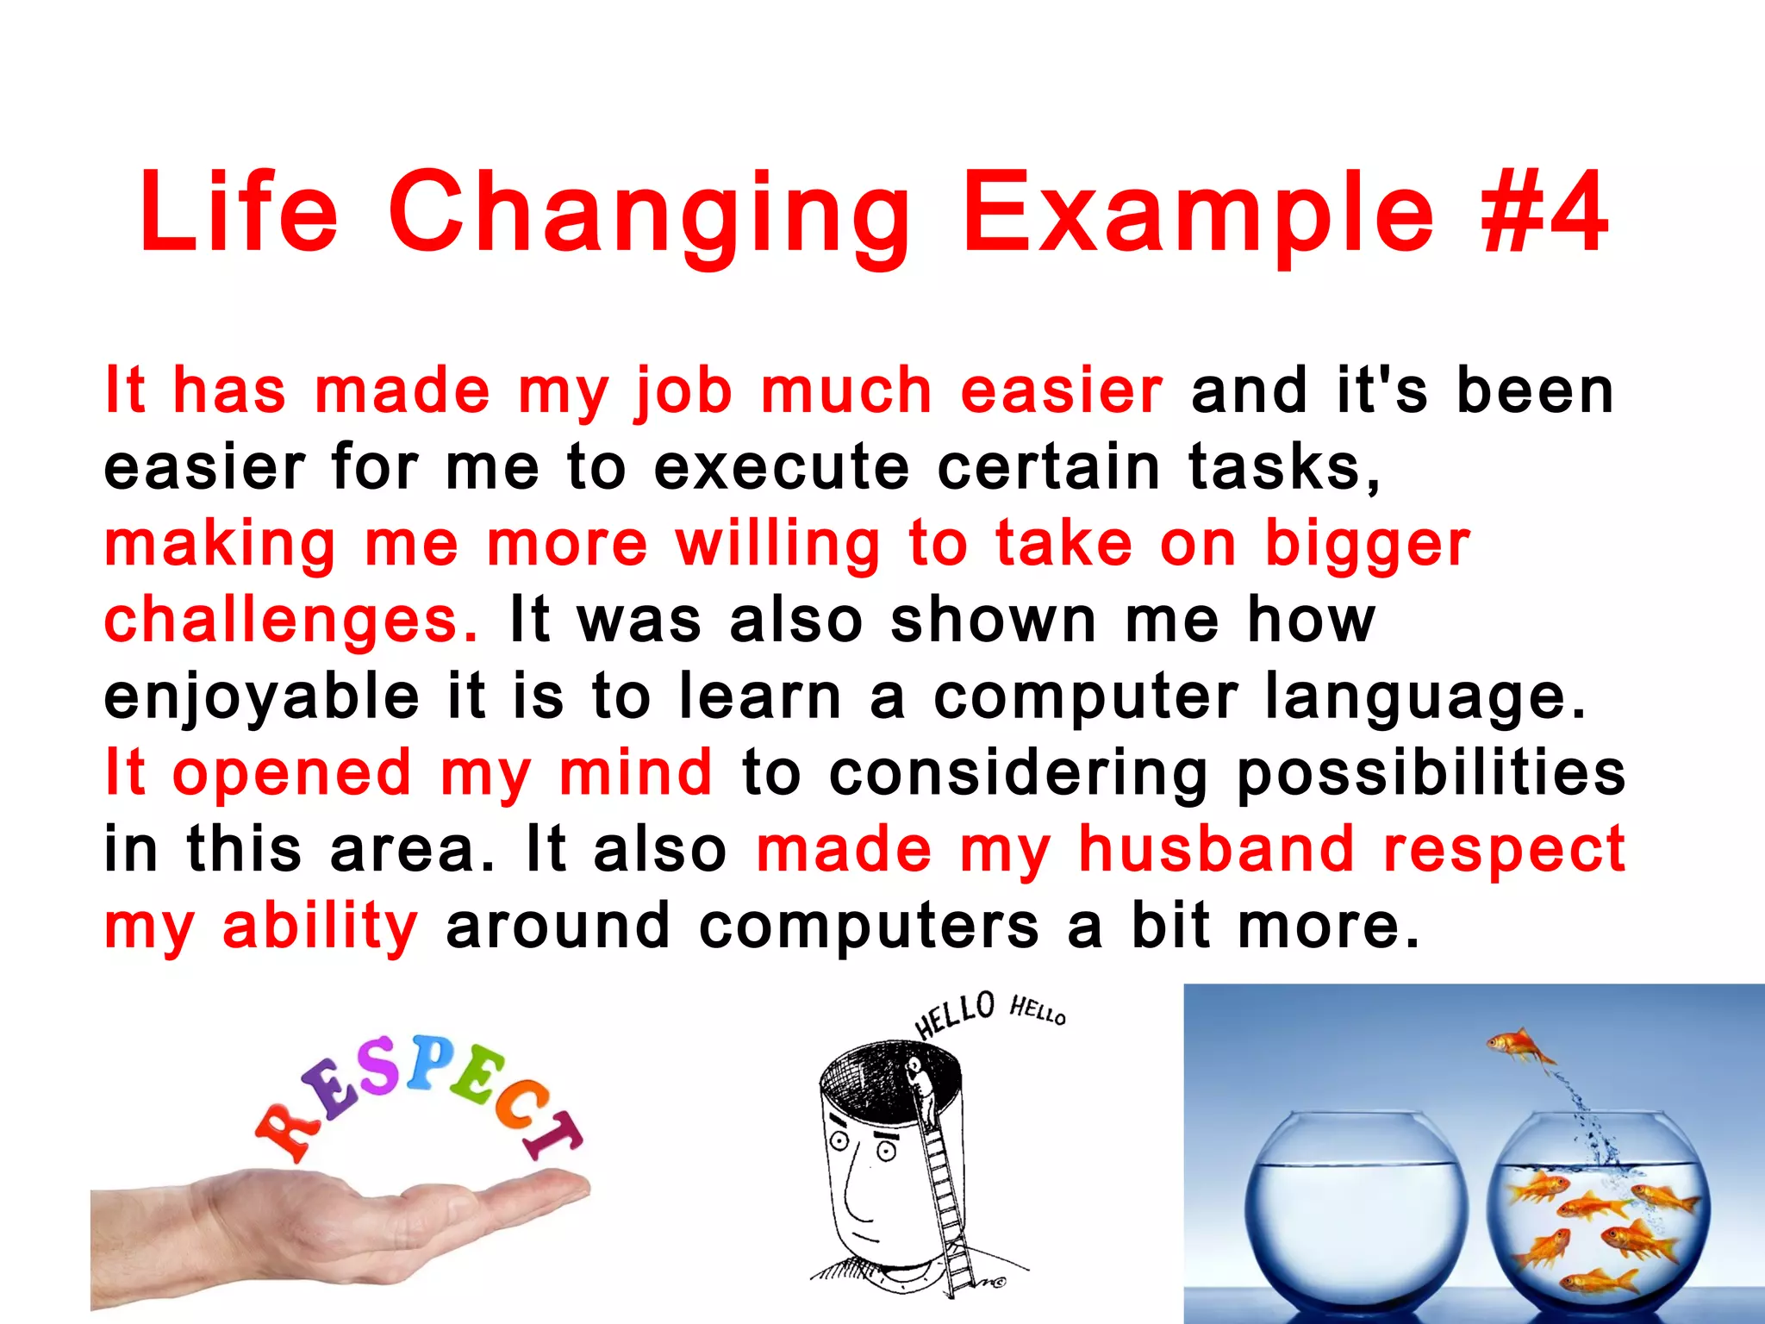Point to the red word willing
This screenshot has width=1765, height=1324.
(x=778, y=545)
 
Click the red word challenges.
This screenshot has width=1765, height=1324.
(x=290, y=621)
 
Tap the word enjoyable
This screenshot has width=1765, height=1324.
(x=261, y=697)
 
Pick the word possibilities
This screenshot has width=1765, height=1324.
(x=1431, y=773)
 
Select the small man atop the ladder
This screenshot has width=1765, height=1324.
(x=920, y=1086)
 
